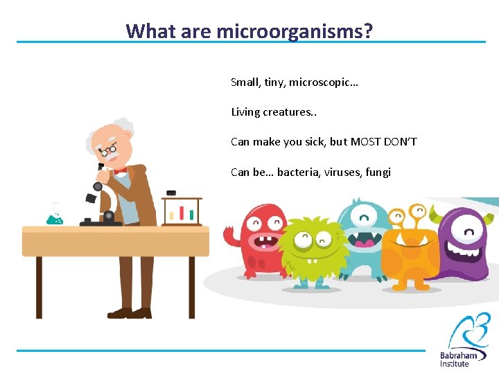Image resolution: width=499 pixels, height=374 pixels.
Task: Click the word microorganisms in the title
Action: click(x=295, y=32)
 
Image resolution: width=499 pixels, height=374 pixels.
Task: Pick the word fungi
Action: click(x=378, y=172)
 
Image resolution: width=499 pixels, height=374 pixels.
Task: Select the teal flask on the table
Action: click(x=54, y=218)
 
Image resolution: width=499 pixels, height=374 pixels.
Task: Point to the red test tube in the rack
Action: click(x=182, y=213)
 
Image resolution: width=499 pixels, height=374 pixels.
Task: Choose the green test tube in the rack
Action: click(x=192, y=214)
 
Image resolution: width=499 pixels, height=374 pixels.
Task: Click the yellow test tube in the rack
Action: click(x=172, y=215)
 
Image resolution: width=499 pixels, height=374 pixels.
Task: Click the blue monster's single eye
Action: click(x=363, y=215)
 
